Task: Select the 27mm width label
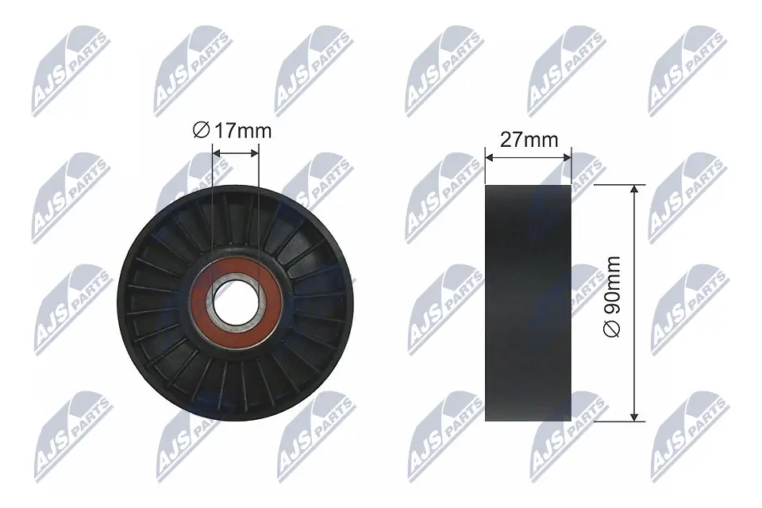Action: (x=528, y=140)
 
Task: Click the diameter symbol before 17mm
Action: (x=202, y=131)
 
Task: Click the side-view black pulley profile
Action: (x=528, y=303)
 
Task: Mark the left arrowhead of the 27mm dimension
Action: (x=489, y=157)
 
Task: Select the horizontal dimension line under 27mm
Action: (x=528, y=157)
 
